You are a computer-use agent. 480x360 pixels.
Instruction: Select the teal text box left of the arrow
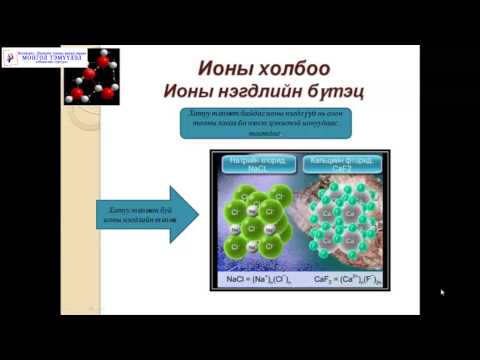tap(130, 212)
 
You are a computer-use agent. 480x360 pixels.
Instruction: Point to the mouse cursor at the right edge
tap(442, 292)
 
